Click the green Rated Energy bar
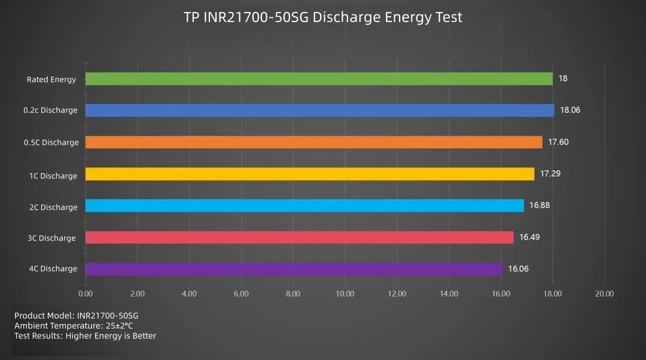319,79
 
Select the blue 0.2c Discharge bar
320,111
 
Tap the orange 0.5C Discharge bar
314,142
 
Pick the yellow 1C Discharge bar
310,174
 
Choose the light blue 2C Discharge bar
304,206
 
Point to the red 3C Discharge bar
299,237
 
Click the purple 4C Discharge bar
294,269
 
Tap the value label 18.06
570,110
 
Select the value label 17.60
558,142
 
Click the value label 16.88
539,205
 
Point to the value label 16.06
518,269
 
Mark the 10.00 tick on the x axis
345,294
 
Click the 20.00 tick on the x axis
605,294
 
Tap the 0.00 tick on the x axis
86,294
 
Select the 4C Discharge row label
53,269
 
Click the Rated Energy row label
51,80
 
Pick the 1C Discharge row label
53,176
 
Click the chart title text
323,17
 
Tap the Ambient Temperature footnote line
74,326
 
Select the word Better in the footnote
144,336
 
